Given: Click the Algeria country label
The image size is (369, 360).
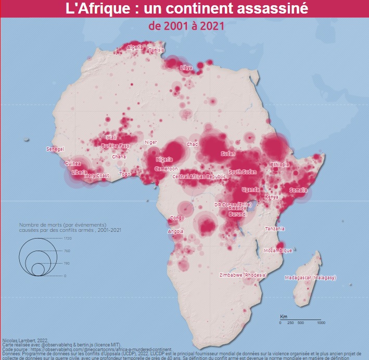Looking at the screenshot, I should pos(135,47).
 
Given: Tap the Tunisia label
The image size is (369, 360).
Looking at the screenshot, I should pos(156,50).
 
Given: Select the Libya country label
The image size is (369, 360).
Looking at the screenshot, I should pos(186,68).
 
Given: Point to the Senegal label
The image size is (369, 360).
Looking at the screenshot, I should pos(55,149).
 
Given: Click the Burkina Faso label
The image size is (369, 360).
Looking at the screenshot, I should pos(115,146).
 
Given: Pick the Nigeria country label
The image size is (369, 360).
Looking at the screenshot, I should pos(163,159).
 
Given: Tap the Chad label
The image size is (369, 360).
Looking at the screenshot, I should pos(192,144).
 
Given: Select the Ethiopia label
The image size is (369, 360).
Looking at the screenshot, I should pos(279,165).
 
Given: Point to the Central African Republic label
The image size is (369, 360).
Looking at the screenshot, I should pos(199,177).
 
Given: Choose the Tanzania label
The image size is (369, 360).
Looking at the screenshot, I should pos(275,229).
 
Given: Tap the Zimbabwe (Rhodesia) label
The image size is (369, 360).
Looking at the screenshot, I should pos(243,275).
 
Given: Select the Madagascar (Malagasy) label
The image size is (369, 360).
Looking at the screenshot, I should pos(311,278).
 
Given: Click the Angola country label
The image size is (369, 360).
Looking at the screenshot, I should pos(175,231).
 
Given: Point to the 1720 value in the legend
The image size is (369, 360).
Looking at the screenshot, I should pos(68,238).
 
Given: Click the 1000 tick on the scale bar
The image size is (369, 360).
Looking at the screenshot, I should pos(321,323).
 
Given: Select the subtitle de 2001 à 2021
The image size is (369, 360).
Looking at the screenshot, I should pos(186,26).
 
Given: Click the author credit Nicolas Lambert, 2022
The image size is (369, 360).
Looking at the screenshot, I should pos(26,339).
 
